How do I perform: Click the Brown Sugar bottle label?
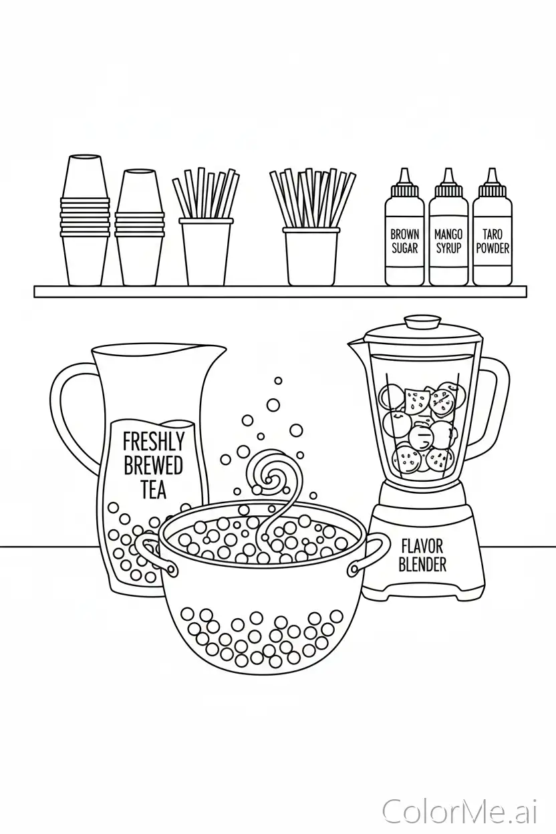coord(404,241)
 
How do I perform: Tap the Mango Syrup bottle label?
coord(448,241)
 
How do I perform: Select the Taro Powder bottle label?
coord(493,241)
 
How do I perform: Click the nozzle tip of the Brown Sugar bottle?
coord(404,170)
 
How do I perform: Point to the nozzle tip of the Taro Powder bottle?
coord(492,170)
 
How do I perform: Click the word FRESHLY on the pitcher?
coord(154,442)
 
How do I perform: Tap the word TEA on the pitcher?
coord(154,489)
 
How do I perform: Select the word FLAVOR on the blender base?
coord(422,547)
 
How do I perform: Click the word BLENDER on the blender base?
coord(422,564)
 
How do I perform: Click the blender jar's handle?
coord(493,408)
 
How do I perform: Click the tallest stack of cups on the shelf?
coord(86,220)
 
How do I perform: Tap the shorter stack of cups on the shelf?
coord(139,227)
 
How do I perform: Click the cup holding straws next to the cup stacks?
coord(206,252)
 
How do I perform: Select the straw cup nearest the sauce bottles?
coord(311,256)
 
